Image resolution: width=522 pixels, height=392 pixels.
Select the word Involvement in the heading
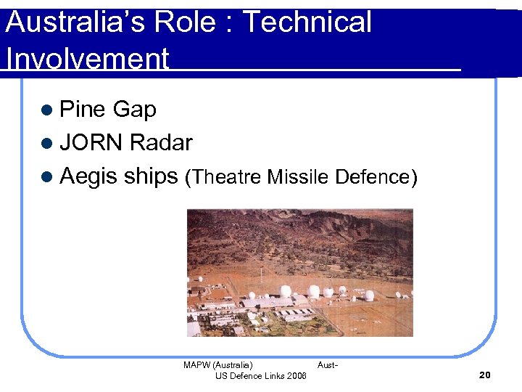(x=87, y=59)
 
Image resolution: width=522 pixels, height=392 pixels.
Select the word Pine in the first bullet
(x=82, y=110)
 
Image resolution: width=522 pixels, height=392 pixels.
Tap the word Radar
(x=160, y=143)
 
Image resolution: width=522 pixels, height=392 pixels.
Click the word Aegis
(x=91, y=176)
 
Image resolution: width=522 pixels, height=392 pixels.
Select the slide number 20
(x=485, y=375)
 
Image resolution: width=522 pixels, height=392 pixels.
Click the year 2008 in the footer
(x=296, y=375)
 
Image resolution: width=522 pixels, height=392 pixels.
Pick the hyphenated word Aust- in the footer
(x=327, y=365)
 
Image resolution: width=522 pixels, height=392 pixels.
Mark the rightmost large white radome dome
(x=369, y=295)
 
